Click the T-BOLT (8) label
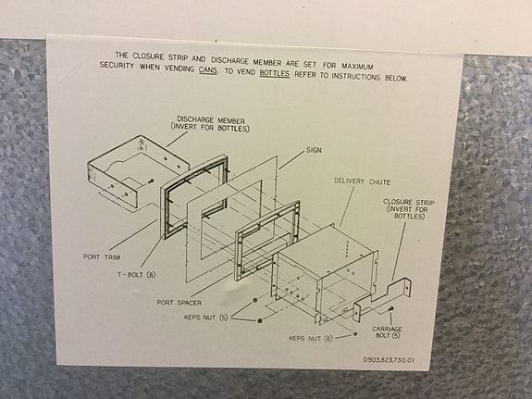[135, 275]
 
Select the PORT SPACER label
[179, 302]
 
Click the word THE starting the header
[122, 56]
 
